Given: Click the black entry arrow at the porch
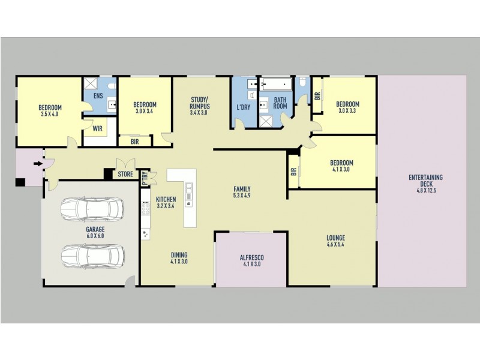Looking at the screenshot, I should click(x=38, y=163).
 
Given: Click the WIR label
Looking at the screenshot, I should click(x=97, y=128).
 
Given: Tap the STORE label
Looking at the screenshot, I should click(x=126, y=175).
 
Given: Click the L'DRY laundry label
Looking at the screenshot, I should click(x=243, y=107).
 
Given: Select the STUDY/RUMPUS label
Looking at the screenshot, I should click(x=199, y=103).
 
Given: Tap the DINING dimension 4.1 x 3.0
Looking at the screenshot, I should click(x=179, y=261).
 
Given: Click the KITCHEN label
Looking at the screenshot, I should click(x=166, y=199).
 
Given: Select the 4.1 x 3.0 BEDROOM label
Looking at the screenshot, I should click(x=341, y=163).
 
